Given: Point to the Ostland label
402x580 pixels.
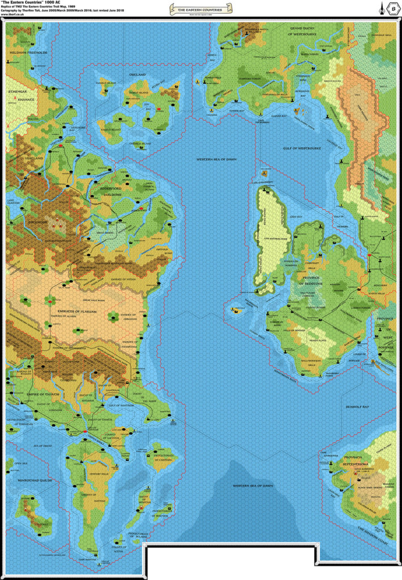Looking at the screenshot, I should click(x=138, y=74).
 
